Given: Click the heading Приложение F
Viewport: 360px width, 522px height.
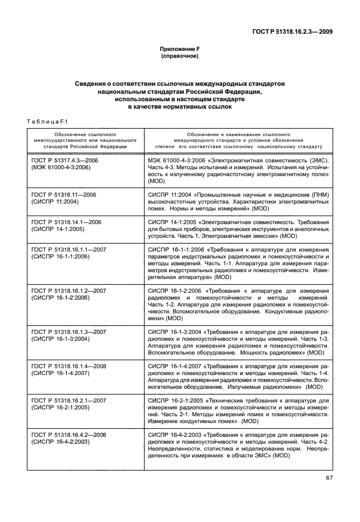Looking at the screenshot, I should (x=179, y=50).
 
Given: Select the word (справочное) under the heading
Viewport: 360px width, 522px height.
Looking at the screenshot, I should (x=179, y=57).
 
